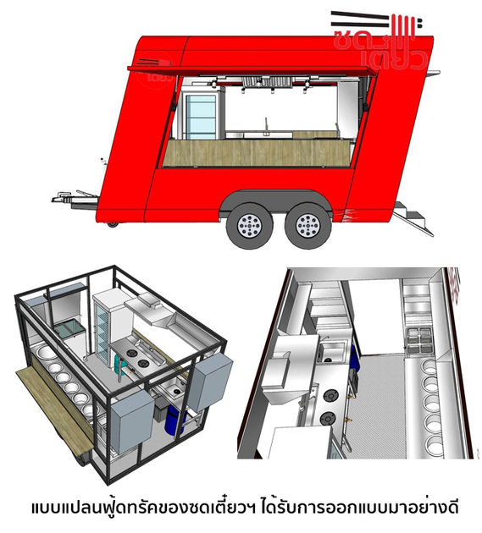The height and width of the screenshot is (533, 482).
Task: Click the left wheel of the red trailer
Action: click(250, 225)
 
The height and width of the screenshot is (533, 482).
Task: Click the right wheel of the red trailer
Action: click(307, 225)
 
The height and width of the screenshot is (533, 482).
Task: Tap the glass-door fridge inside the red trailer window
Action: click(201, 117)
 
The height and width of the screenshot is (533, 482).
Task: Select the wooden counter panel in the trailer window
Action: click(258, 152)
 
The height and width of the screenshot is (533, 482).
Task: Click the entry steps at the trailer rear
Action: click(413, 217)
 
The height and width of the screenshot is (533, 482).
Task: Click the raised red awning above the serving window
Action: click(252, 71)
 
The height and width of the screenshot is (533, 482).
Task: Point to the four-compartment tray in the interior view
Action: click(418, 339)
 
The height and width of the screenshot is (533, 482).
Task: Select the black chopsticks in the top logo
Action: click(360, 19)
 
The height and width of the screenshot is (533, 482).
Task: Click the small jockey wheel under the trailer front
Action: click(113, 224)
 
